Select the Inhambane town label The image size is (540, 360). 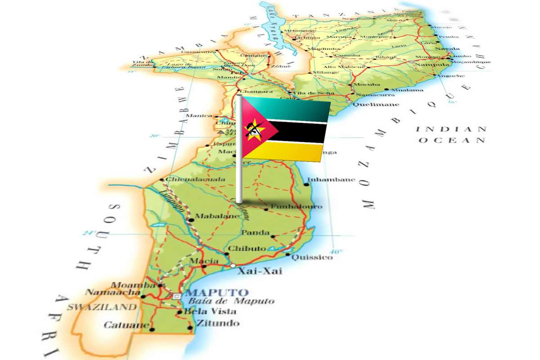[331, 180]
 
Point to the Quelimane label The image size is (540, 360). [370, 104]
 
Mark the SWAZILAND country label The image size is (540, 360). [102, 308]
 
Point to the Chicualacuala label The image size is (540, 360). [195, 179]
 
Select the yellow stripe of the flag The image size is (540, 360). [292, 152]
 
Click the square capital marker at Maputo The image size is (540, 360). [177, 296]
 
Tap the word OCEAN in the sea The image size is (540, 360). [451, 140]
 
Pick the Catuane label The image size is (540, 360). [120, 325]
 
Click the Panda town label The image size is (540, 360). [255, 233]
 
